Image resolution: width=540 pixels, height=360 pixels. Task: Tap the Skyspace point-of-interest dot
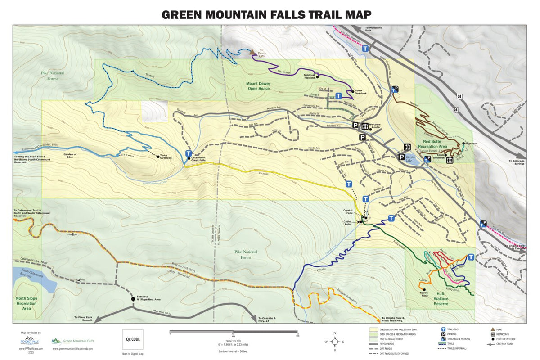click(x=463, y=144)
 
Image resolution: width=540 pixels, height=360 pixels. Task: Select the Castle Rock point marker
click(x=424, y=290)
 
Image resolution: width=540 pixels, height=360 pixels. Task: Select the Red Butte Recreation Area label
click(x=432, y=144)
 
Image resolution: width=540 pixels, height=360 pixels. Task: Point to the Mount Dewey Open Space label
click(x=262, y=85)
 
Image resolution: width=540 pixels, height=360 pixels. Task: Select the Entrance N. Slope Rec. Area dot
click(x=133, y=299)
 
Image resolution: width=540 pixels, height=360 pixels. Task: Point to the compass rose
click(x=335, y=342)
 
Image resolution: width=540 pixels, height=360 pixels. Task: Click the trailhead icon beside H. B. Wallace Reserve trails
click(x=471, y=257)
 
